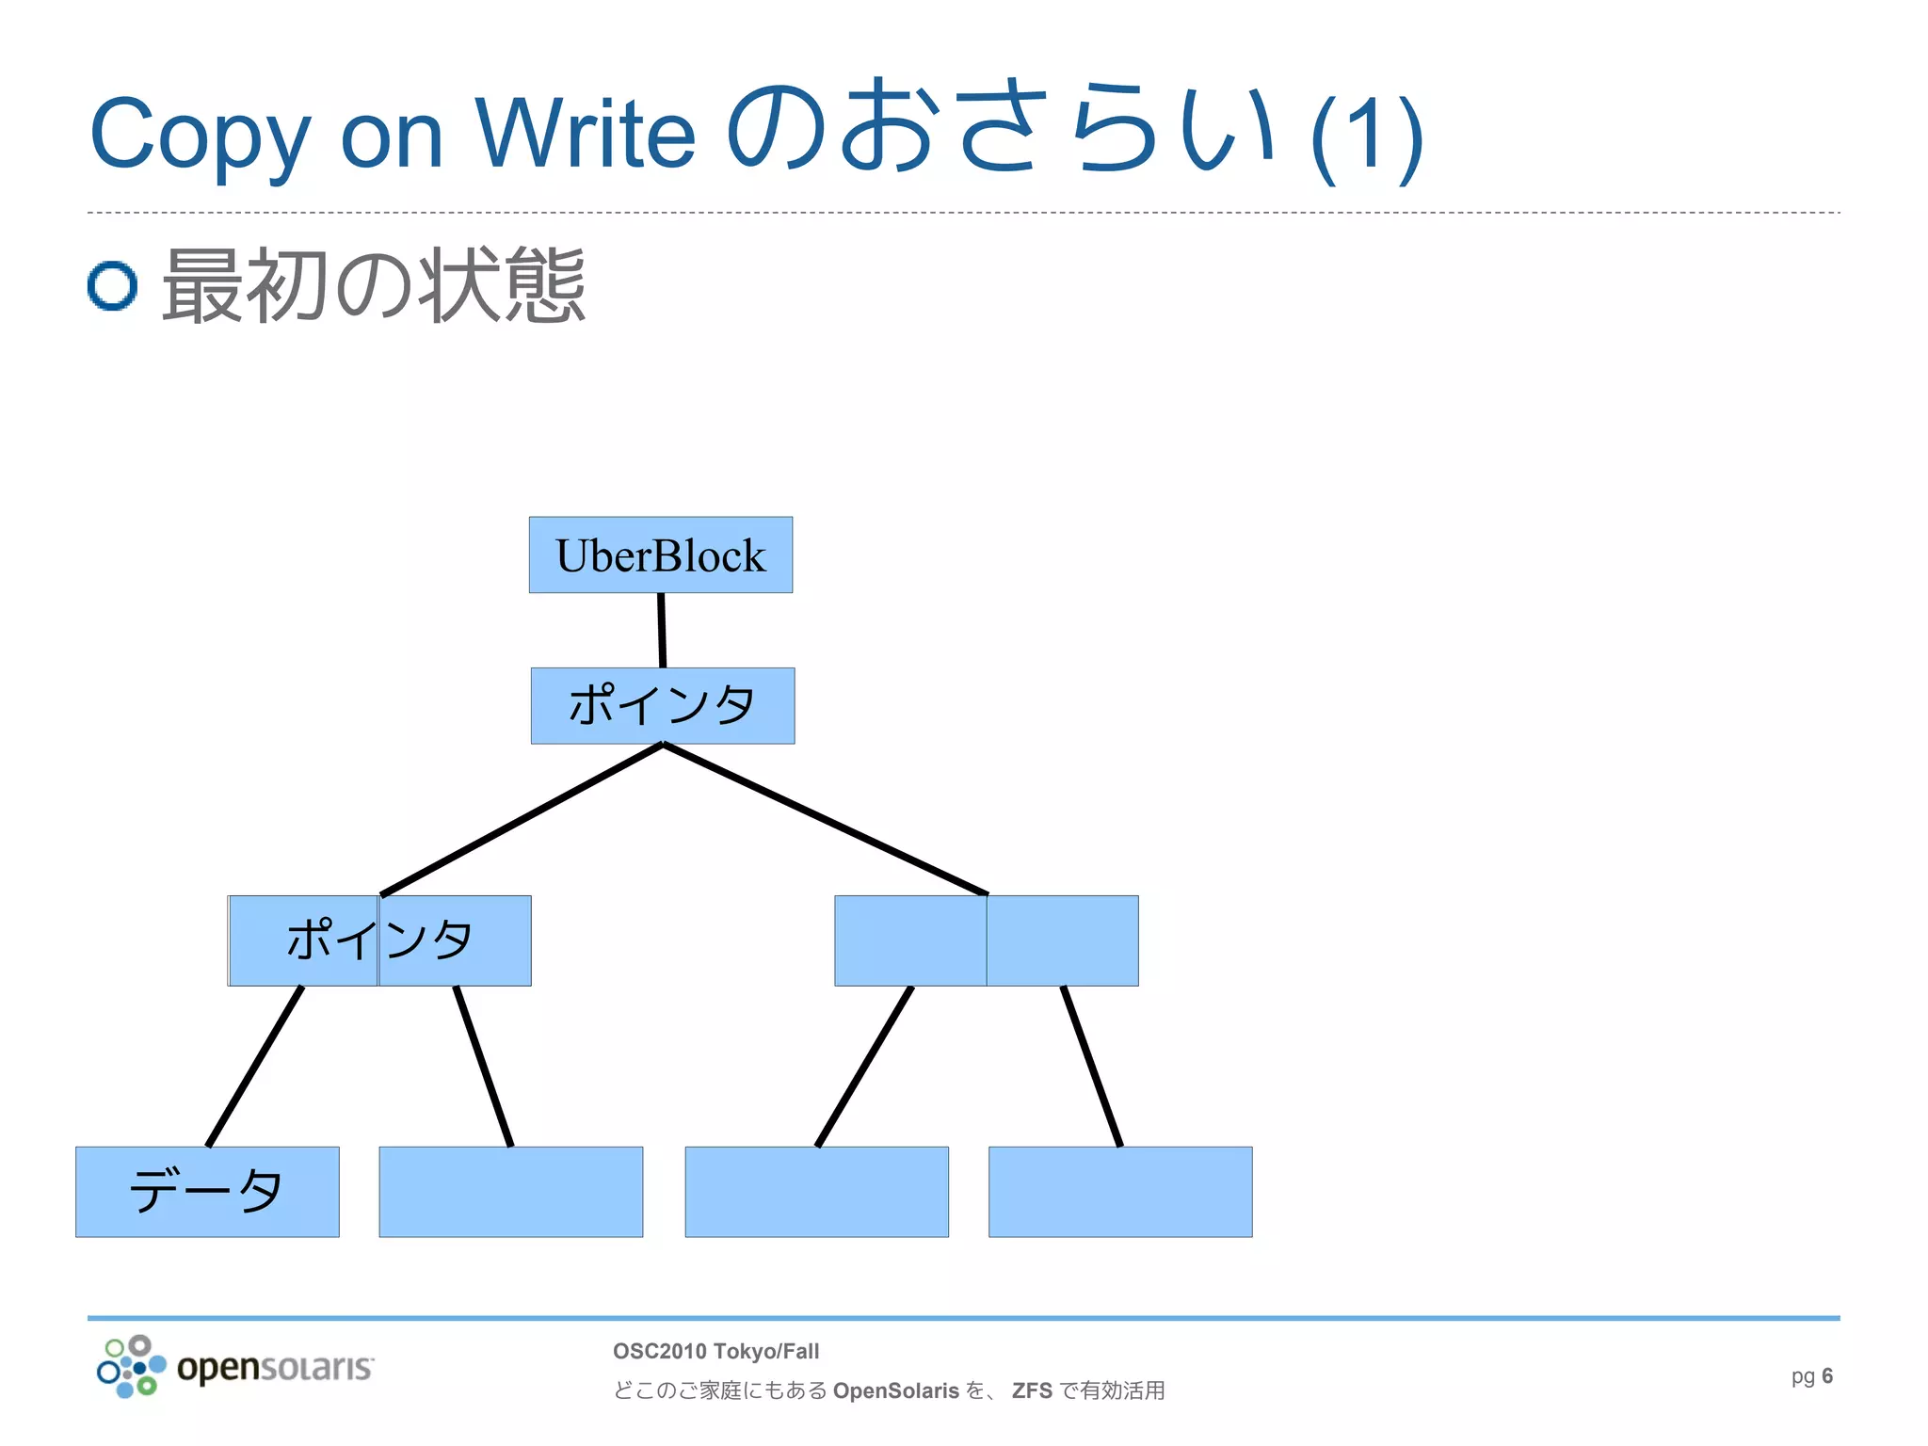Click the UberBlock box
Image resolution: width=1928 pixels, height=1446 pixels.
[660, 554]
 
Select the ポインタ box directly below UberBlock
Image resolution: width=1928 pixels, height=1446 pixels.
[662, 705]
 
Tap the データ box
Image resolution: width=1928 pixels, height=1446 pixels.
[207, 1191]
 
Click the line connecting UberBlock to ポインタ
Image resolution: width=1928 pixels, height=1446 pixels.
[662, 630]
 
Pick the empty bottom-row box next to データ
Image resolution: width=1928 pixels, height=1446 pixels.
[510, 1191]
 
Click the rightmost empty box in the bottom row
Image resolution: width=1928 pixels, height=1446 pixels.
[1119, 1191]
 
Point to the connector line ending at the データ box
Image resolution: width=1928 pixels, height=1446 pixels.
[254, 1067]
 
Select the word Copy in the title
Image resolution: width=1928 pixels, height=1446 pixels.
[200, 135]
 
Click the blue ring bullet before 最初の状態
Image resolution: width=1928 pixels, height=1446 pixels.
[113, 285]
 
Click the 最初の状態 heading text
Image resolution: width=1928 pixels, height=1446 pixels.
[374, 285]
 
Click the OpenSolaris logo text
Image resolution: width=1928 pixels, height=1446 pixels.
[275, 1366]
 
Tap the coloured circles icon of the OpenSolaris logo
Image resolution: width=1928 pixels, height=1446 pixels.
[131, 1366]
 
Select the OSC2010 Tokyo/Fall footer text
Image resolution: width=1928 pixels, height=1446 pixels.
[715, 1351]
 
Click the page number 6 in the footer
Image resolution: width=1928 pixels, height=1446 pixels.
[1827, 1375]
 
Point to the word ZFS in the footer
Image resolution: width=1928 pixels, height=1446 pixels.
[1032, 1390]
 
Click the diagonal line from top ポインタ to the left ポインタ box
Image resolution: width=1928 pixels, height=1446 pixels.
[522, 819]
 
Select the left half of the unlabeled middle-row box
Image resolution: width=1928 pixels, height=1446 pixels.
[910, 940]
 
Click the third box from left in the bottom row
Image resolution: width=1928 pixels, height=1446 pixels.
[816, 1191]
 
